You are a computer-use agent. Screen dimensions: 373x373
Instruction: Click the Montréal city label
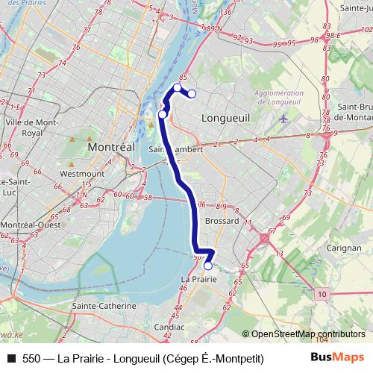[110, 148]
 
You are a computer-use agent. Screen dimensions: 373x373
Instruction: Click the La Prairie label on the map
[198, 278]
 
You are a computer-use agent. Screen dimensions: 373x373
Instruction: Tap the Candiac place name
[169, 327]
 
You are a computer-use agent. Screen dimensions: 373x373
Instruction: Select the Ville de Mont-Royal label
[31, 127]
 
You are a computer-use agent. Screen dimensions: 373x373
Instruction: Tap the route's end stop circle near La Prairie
[208, 266]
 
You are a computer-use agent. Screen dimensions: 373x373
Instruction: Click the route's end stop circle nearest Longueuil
[192, 94]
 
